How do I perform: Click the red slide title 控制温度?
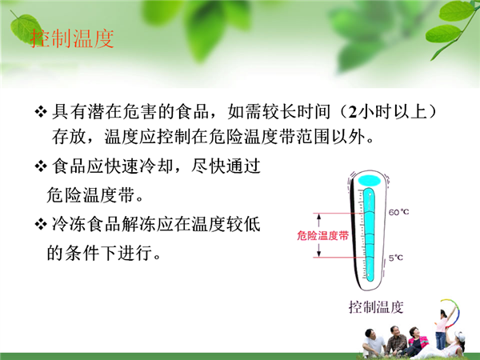[72, 38]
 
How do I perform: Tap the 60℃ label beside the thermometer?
[398, 212]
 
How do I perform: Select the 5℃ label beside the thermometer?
[396, 258]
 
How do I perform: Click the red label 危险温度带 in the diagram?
[323, 235]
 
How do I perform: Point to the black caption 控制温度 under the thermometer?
[376, 307]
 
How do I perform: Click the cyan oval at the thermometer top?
[370, 181]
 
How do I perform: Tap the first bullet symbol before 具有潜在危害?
[41, 111]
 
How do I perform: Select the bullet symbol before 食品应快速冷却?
[41, 166]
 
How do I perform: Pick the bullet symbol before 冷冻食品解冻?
[41, 224]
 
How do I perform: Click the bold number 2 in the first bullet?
[352, 112]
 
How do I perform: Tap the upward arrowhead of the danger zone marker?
[319, 217]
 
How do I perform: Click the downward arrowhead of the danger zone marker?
[319, 254]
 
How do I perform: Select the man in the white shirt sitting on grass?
[373, 342]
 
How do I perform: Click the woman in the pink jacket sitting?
[415, 341]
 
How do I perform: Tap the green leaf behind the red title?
[26, 30]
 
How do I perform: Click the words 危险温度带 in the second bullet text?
[92, 195]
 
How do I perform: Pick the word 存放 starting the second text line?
[69, 137]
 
